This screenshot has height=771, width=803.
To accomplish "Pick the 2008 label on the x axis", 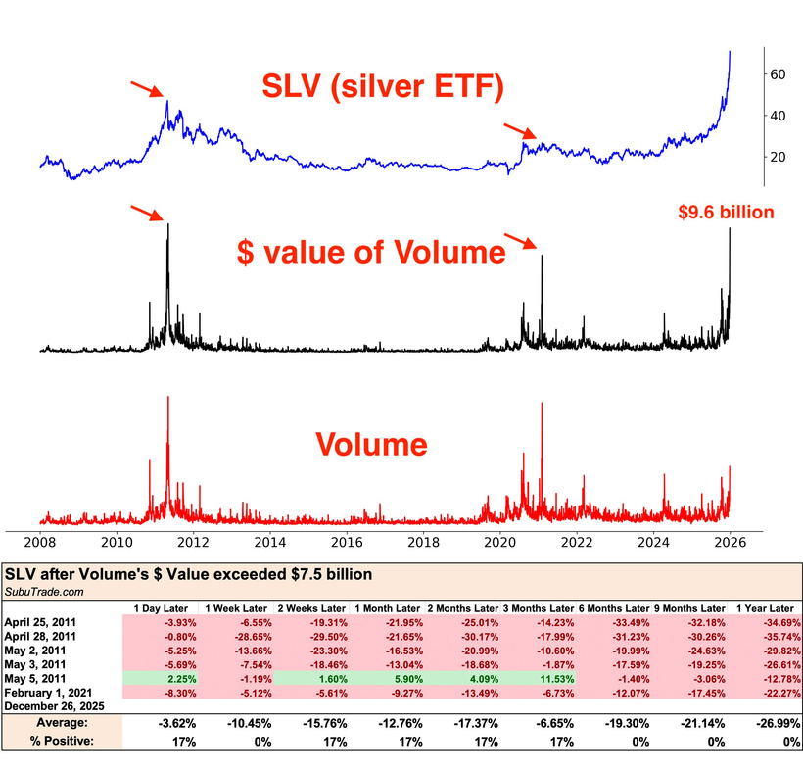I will [x=40, y=542].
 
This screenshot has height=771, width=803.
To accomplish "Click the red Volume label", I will [x=371, y=446].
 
